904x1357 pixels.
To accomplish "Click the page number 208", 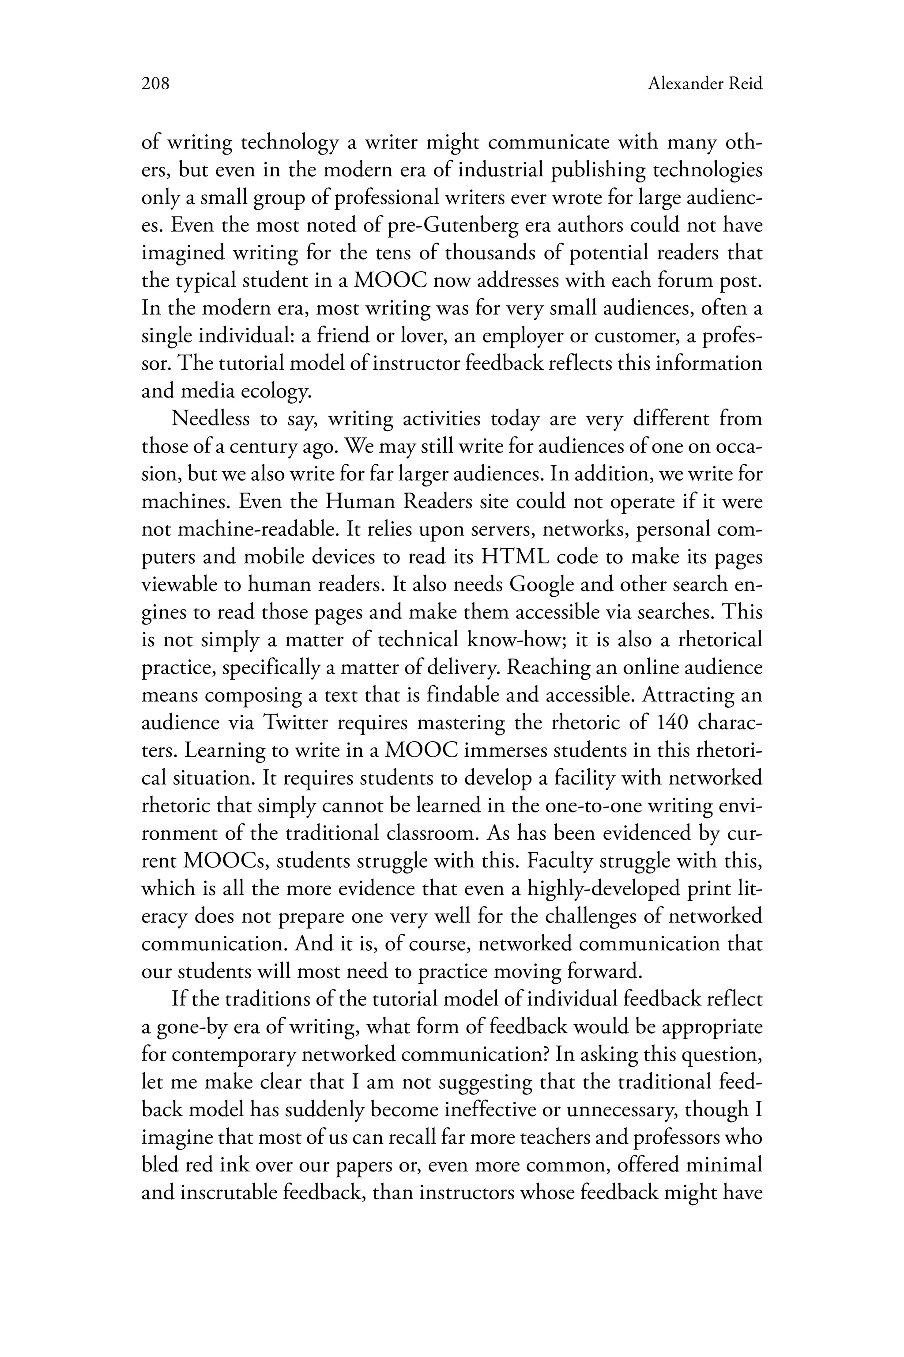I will [x=155, y=84].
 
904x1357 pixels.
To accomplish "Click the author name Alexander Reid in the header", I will [x=704, y=84].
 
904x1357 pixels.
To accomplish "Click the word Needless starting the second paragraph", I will [x=211, y=418].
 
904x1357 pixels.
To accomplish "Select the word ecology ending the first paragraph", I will [x=275, y=392].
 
